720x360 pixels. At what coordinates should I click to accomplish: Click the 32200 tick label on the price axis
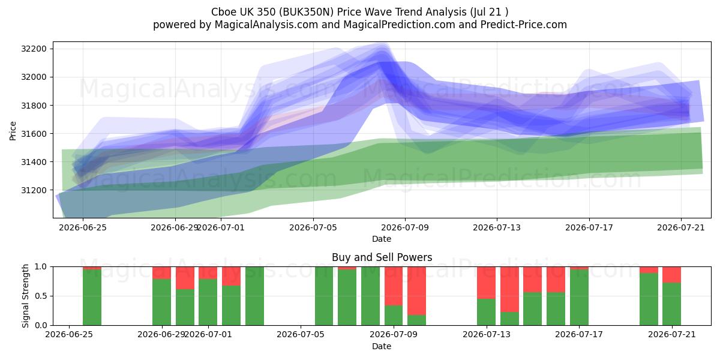click(34, 49)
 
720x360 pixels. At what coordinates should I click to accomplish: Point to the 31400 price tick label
click(34, 162)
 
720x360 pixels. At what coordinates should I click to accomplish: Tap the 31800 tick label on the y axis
click(34, 106)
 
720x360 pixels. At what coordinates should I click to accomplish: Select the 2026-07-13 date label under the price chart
click(497, 227)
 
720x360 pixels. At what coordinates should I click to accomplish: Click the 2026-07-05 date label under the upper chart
click(313, 227)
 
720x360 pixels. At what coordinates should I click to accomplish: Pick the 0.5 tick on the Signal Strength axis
click(41, 296)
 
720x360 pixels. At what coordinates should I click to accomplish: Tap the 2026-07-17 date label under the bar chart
click(579, 334)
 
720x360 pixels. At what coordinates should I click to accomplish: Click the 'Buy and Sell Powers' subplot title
click(382, 257)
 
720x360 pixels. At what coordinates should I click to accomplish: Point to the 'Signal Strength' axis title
click(25, 296)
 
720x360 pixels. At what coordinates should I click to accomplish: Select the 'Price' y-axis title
click(13, 131)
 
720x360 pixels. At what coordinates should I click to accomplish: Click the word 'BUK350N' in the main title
click(311, 12)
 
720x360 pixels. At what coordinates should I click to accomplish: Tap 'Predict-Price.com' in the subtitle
click(524, 25)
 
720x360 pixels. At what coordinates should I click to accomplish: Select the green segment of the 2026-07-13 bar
click(486, 312)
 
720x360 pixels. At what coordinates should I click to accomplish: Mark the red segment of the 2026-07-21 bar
click(671, 275)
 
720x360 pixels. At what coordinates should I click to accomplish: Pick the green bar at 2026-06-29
click(161, 302)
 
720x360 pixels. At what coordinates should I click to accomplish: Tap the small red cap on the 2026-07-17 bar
click(579, 268)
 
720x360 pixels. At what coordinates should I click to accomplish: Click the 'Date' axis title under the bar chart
click(382, 346)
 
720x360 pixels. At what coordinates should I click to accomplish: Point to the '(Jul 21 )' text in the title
click(489, 12)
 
